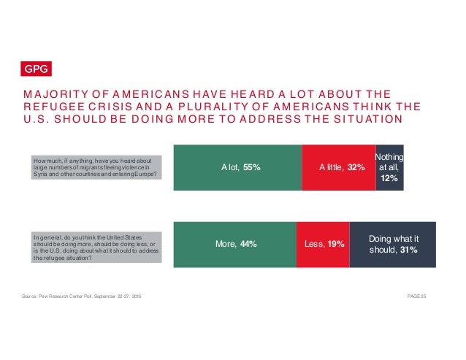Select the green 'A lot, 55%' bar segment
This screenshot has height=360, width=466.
(237, 167)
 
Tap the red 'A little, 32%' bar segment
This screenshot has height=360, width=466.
(338, 167)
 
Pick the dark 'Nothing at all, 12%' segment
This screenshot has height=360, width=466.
(389, 167)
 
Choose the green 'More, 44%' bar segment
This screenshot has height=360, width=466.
(234, 244)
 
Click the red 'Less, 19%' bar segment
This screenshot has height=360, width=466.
(323, 244)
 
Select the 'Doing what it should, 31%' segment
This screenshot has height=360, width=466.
(392, 244)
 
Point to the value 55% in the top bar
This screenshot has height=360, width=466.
(251, 167)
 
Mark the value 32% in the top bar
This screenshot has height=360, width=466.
(356, 167)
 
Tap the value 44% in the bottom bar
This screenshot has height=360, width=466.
(248, 244)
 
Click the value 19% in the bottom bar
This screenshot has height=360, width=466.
(335, 244)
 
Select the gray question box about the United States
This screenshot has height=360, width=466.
(96, 247)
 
